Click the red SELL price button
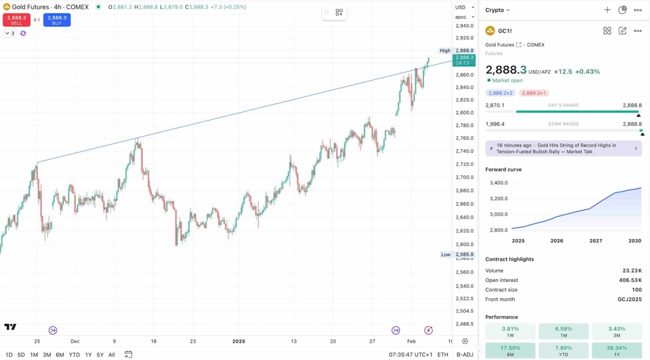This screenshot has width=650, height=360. click(16, 20)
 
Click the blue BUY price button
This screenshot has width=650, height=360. click(57, 20)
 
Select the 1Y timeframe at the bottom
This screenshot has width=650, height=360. click(88, 355)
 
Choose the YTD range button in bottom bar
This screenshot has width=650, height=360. click(74, 355)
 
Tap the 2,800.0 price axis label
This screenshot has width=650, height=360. click(465, 113)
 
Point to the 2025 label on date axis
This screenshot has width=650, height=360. click(239, 341)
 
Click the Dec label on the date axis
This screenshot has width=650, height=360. click(75, 341)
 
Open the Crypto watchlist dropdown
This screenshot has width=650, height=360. click(497, 10)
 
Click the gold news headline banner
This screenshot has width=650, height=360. click(563, 148)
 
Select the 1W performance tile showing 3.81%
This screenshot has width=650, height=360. click(510, 331)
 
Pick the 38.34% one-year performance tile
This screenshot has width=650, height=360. click(617, 351)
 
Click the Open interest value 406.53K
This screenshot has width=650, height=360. click(630, 281)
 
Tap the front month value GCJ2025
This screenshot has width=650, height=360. click(629, 299)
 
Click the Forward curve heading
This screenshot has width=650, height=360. click(503, 169)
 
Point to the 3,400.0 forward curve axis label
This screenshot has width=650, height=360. click(498, 183)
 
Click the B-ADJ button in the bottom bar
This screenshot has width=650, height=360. click(465, 355)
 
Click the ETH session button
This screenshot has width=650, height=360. click(443, 355)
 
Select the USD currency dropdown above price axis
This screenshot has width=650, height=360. click(464, 7)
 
